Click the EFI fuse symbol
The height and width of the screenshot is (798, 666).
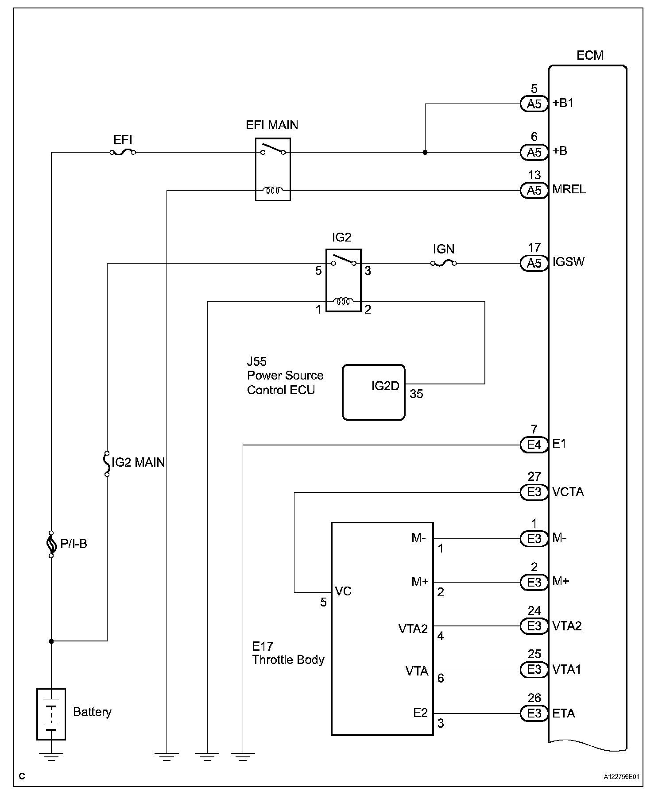pos(122,152)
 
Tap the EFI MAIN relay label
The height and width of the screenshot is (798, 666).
pos(272,125)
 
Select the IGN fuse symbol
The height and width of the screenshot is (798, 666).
pos(443,263)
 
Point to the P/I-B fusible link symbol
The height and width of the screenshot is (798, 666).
pos(51,544)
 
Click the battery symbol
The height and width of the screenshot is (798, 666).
pos(51,714)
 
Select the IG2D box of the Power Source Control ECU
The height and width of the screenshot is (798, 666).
pos(374,392)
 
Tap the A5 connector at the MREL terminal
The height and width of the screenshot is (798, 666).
pos(534,191)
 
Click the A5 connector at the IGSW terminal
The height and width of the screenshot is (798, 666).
pos(534,263)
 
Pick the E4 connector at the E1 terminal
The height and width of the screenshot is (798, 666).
pos(534,445)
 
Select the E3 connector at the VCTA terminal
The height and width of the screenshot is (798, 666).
pos(534,492)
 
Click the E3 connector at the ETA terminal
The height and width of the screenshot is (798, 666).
pos(534,714)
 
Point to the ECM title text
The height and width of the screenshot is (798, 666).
pos(590,56)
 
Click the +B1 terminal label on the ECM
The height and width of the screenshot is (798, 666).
pos(563,104)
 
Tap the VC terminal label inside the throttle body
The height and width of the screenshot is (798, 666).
pos(343,591)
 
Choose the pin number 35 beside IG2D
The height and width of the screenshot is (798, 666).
pos(416,394)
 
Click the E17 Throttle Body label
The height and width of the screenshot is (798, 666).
pos(288,653)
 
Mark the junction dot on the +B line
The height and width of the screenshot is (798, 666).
pos(425,153)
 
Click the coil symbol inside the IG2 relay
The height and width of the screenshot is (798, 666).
pos(343,302)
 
